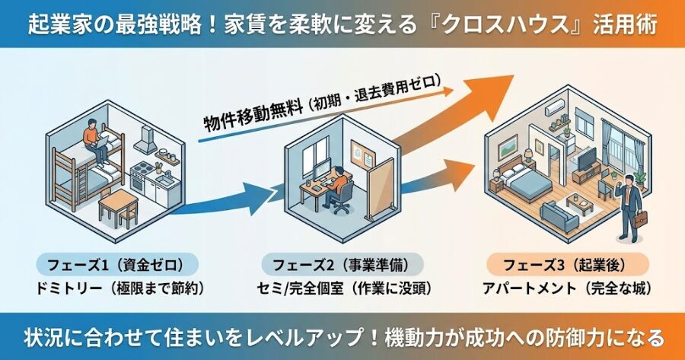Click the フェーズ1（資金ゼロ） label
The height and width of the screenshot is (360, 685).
pos(117,266)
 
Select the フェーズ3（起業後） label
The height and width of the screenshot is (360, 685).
pos(566,266)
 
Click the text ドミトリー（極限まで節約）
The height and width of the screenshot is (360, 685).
pos(117,289)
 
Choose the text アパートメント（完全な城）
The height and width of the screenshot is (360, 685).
pos(566,289)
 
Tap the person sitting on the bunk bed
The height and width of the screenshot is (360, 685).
pos(94,141)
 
